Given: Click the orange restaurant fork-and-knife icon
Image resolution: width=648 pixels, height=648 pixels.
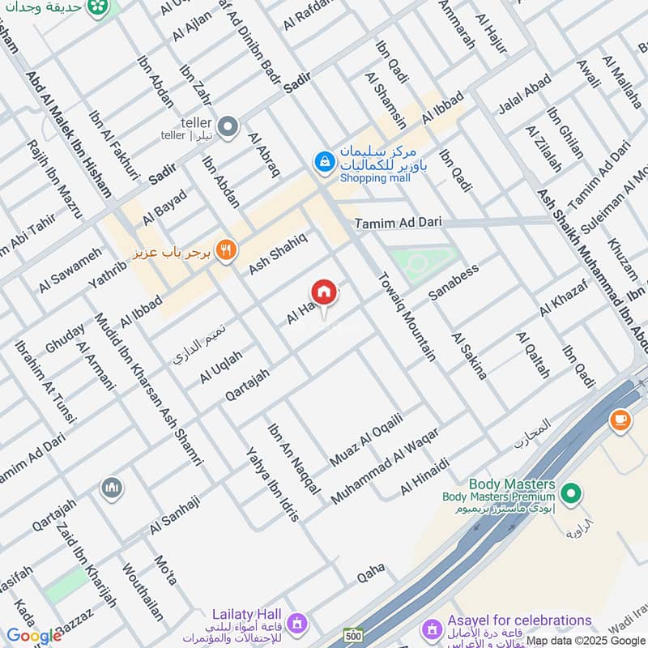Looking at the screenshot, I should tap(226, 250).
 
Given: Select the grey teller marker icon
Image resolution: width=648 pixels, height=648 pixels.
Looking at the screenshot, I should tap(229, 126).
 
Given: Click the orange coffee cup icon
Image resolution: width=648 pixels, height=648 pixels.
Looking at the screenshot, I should tap(620, 420).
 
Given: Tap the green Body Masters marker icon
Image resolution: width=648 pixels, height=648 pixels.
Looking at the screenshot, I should tap(571, 492).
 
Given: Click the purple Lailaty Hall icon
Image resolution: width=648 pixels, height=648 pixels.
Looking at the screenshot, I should tap(296, 623).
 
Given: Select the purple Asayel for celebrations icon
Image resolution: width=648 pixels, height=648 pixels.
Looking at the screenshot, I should tap(431, 628).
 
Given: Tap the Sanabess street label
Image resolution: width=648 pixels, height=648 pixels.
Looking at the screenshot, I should tap(454, 282).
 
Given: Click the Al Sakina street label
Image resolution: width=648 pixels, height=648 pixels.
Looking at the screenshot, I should tap(470, 356).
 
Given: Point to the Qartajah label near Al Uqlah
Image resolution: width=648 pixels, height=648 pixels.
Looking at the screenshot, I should tap(248, 383).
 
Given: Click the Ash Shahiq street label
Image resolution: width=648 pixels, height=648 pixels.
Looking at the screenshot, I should tap(278, 252).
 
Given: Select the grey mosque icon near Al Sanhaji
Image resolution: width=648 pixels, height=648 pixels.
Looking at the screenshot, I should tap(111, 488).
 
